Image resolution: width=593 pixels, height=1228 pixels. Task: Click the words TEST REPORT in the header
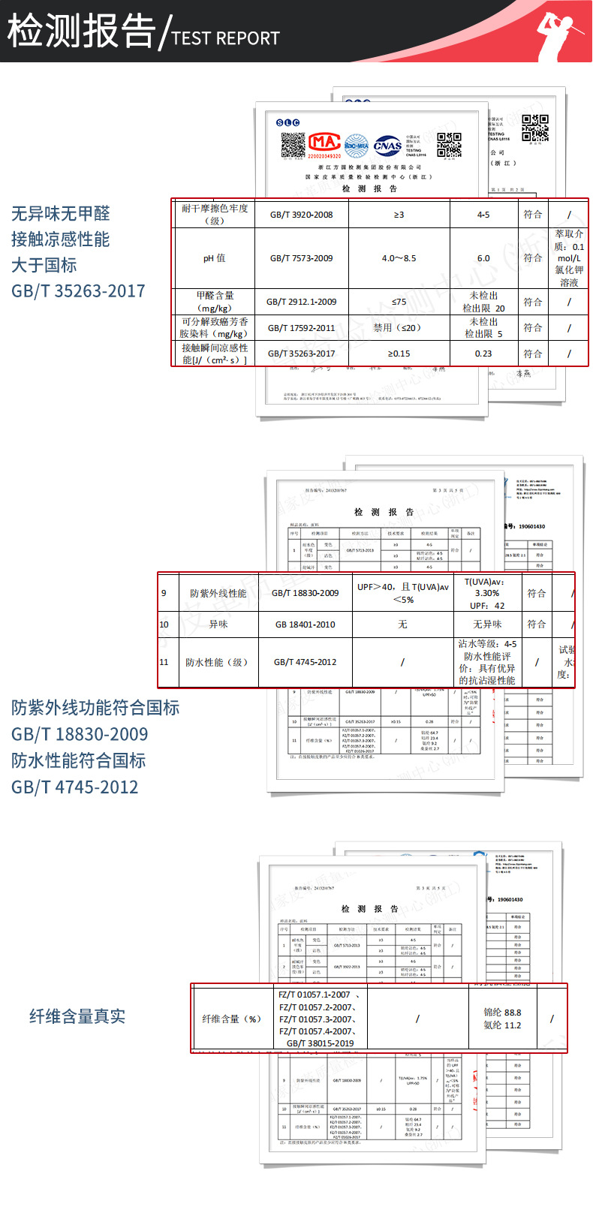point(225,38)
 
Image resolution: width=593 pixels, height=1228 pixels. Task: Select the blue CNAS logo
point(387,145)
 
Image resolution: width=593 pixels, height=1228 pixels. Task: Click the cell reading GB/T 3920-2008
point(301,215)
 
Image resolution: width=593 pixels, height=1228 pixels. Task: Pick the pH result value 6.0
point(483,258)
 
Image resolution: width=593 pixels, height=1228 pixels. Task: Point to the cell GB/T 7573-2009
point(301,258)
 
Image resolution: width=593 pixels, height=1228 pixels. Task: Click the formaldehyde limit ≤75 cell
point(399,302)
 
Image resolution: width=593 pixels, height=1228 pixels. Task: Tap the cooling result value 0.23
point(483,354)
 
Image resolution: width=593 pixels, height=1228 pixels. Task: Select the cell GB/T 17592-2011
point(301,328)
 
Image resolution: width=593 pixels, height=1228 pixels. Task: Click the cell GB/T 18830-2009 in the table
point(305,593)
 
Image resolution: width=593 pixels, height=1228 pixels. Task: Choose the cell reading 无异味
point(492,625)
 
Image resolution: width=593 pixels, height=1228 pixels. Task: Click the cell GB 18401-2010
point(305,625)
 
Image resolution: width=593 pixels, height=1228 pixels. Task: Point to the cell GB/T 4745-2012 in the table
point(305,662)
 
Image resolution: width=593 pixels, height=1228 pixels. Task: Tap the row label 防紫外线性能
point(218,593)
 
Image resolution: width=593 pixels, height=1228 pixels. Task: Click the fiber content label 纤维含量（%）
point(231,1019)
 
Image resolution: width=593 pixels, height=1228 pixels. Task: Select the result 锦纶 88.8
point(502,1013)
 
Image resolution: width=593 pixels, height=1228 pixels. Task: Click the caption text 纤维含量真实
point(77,1016)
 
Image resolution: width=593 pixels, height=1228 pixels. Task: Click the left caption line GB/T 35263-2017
point(78,291)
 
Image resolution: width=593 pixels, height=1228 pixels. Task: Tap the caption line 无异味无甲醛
point(60,214)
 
